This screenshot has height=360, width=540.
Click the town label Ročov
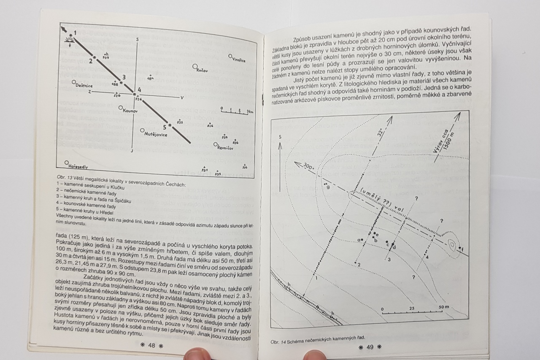tap(202, 70)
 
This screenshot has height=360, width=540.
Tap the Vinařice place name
tap(238, 60)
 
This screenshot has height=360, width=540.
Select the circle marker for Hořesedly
tap(67, 162)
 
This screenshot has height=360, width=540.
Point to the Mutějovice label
tap(156, 135)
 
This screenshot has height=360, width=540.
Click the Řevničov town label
tap(225, 148)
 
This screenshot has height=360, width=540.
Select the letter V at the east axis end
tap(182, 98)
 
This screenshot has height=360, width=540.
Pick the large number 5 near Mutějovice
tap(165, 127)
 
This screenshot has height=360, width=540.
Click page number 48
tap(151, 345)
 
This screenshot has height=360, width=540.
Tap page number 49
tap(370, 347)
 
